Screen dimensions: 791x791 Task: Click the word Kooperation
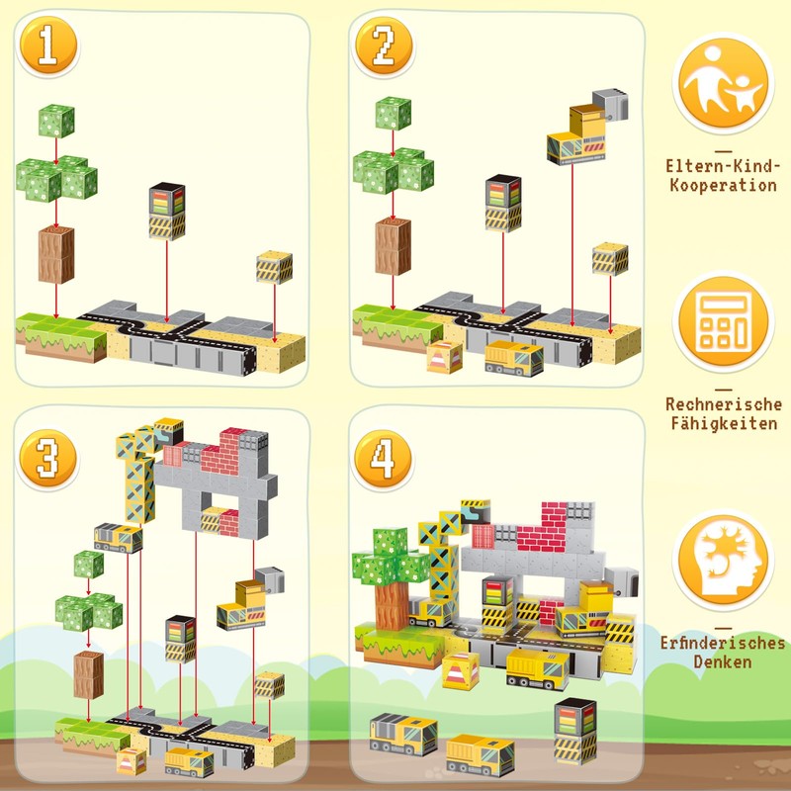[x=723, y=185]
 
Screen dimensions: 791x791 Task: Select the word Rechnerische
[x=723, y=404]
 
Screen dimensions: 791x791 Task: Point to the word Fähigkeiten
[x=723, y=423]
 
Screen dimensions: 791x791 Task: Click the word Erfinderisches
[x=723, y=644]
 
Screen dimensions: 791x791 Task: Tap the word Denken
[x=723, y=662]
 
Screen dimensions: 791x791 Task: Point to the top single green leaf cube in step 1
[x=56, y=122]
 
